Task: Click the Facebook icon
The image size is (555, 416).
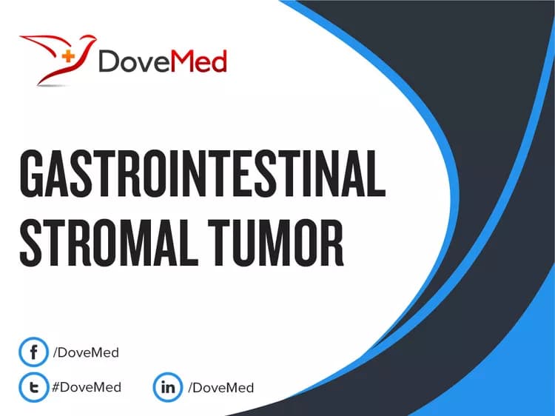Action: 33,352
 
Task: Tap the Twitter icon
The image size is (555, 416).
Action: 33,386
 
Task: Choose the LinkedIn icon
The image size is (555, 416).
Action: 166,386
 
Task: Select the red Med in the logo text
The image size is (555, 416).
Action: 201,62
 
